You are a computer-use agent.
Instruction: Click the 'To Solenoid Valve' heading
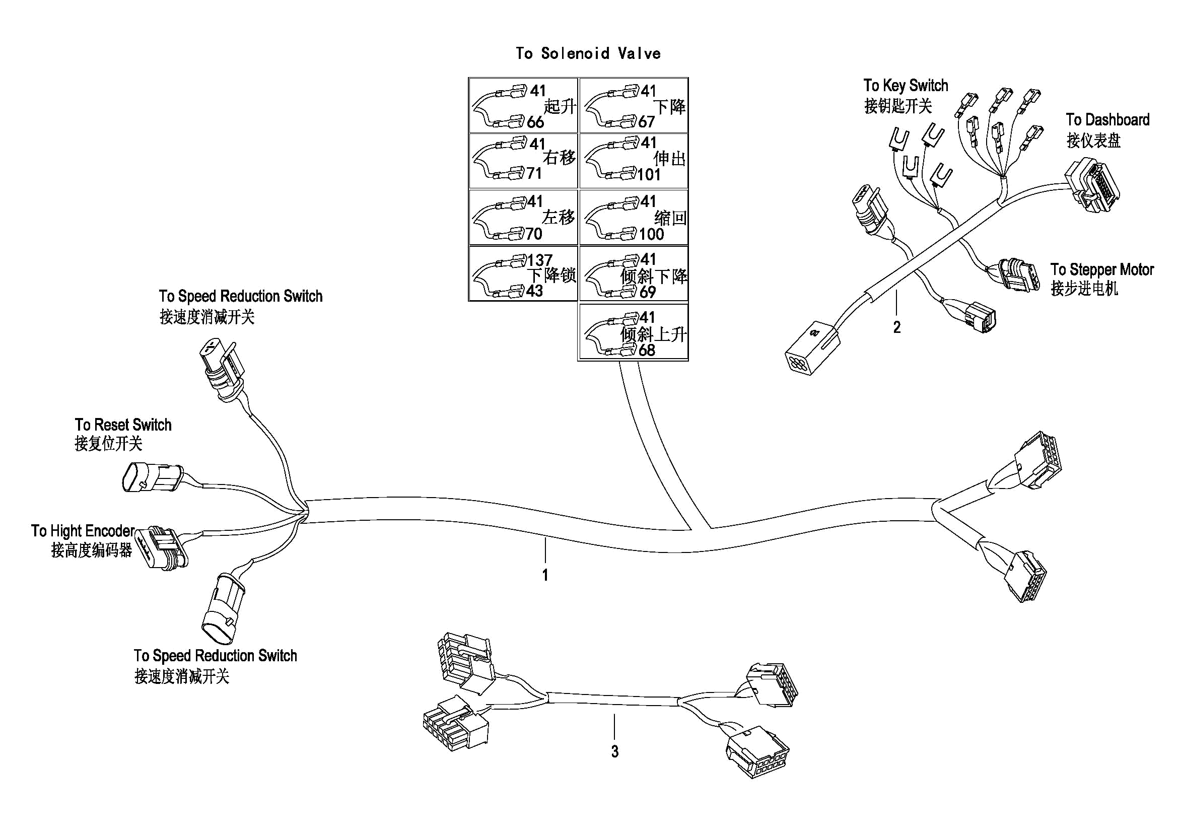click(588, 53)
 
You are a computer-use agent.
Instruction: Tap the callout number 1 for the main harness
click(545, 575)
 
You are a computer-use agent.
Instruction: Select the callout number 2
click(897, 327)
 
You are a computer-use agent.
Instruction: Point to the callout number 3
click(614, 751)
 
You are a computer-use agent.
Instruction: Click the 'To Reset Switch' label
click(123, 425)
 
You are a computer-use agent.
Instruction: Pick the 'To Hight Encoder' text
click(83, 531)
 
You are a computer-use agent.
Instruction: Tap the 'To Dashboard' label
click(1107, 120)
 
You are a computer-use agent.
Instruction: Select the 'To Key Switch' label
click(906, 85)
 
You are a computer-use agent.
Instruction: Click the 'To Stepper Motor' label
click(1102, 270)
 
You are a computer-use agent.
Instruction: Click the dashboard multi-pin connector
click(1093, 186)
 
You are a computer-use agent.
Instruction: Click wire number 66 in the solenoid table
click(535, 122)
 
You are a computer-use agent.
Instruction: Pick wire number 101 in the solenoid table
click(649, 175)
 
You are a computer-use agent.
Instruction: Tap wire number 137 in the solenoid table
click(540, 260)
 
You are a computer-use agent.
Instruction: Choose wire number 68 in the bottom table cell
click(647, 351)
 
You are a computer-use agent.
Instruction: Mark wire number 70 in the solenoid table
click(534, 234)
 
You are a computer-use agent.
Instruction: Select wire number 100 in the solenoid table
click(651, 234)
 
